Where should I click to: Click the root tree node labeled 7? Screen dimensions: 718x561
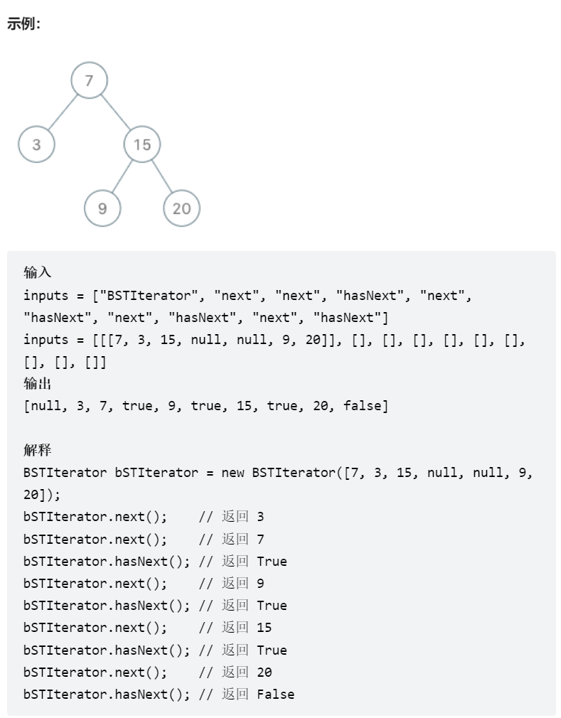coord(89,80)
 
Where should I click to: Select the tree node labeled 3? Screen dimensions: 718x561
coord(36,144)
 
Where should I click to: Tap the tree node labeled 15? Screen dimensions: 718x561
coord(142,144)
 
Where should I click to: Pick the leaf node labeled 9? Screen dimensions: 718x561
coord(102,208)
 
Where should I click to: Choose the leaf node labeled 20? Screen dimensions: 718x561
coord(181,208)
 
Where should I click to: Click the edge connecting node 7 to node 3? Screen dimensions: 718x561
coord(63,112)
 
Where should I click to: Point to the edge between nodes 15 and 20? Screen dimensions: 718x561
coord(162,176)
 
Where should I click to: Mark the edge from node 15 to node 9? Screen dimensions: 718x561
coord(122,176)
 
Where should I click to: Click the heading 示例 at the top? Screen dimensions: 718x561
coord(23,23)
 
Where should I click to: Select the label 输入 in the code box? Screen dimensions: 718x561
coord(38,272)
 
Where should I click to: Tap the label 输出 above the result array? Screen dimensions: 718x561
coord(38,384)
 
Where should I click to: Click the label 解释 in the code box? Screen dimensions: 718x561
coord(38,451)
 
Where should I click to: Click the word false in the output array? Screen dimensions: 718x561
coord(365,407)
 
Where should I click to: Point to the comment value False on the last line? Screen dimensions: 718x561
coord(275,695)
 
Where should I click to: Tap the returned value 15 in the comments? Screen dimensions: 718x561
coord(264,628)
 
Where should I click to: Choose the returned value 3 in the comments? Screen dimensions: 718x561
coord(260,517)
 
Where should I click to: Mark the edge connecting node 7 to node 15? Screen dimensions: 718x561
coord(115,112)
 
